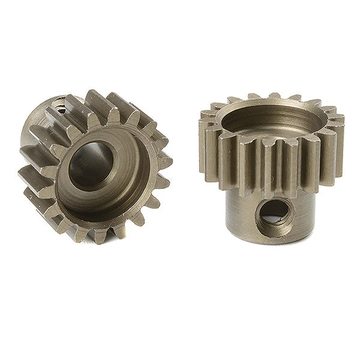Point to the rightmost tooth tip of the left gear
[169, 161]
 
